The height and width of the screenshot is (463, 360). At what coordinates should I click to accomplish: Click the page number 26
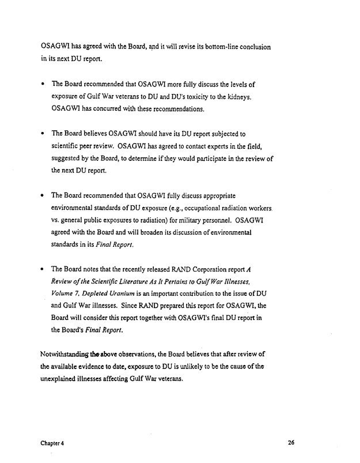point(291,443)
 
